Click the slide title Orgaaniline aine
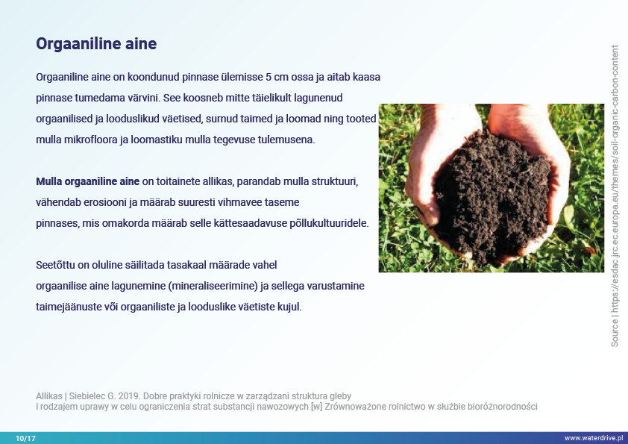pyautogui.click(x=96, y=44)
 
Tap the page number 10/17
pyautogui.click(x=25, y=438)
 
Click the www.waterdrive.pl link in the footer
pyautogui.click(x=594, y=438)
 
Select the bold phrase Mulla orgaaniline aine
pyautogui.click(x=88, y=181)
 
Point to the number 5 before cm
pyautogui.click(x=269, y=77)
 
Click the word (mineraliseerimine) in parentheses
pyautogui.click(x=213, y=286)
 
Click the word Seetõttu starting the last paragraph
pyautogui.click(x=55, y=265)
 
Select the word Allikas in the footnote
pyautogui.click(x=49, y=396)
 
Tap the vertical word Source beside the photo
pyautogui.click(x=615, y=333)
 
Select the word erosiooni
pyautogui.click(x=104, y=202)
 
